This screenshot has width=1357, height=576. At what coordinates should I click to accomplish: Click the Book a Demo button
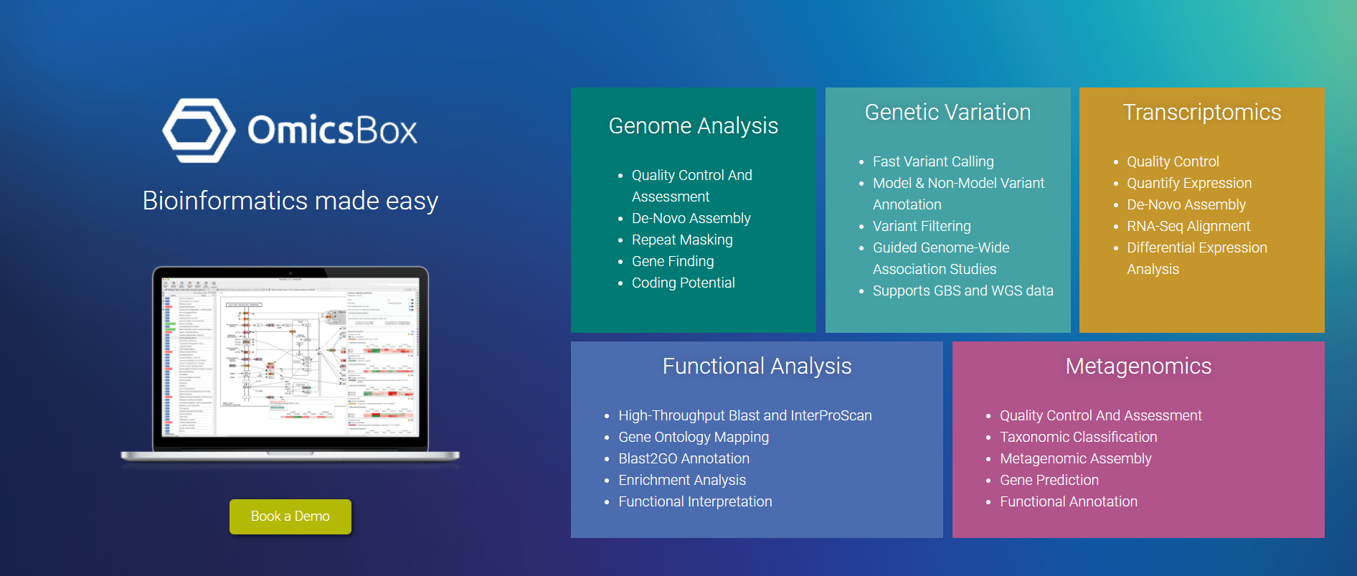[290, 516]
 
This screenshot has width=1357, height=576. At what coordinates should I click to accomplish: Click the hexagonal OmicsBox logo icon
[199, 131]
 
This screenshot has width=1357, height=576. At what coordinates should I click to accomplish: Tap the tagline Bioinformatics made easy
[290, 201]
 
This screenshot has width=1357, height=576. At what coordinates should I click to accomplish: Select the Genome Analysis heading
[693, 126]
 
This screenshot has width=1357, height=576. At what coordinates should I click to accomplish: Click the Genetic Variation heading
[947, 113]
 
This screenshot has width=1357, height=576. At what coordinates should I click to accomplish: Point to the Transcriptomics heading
[1201, 113]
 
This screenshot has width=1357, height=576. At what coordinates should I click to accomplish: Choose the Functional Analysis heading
[757, 367]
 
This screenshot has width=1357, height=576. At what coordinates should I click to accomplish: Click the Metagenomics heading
[1138, 367]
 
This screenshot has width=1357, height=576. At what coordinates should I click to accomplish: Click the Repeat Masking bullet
[681, 240]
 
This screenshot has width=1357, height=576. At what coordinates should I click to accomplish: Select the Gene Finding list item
[672, 261]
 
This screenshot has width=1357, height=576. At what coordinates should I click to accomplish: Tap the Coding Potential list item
[683, 283]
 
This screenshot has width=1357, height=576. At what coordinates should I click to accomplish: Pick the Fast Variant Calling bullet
[932, 161]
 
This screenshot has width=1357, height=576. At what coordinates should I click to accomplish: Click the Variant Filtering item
[921, 226]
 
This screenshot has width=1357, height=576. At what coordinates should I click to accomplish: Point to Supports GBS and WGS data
[963, 291]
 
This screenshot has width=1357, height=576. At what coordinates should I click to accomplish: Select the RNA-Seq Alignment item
[1188, 226]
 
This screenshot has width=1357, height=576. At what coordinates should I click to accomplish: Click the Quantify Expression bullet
[1188, 183]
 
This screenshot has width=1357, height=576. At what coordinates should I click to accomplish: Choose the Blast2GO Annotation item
[684, 458]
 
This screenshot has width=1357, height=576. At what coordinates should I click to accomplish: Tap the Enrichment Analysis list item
[681, 480]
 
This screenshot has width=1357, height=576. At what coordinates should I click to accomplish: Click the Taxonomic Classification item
[1078, 437]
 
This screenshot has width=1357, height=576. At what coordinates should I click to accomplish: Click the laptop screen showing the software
[290, 357]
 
